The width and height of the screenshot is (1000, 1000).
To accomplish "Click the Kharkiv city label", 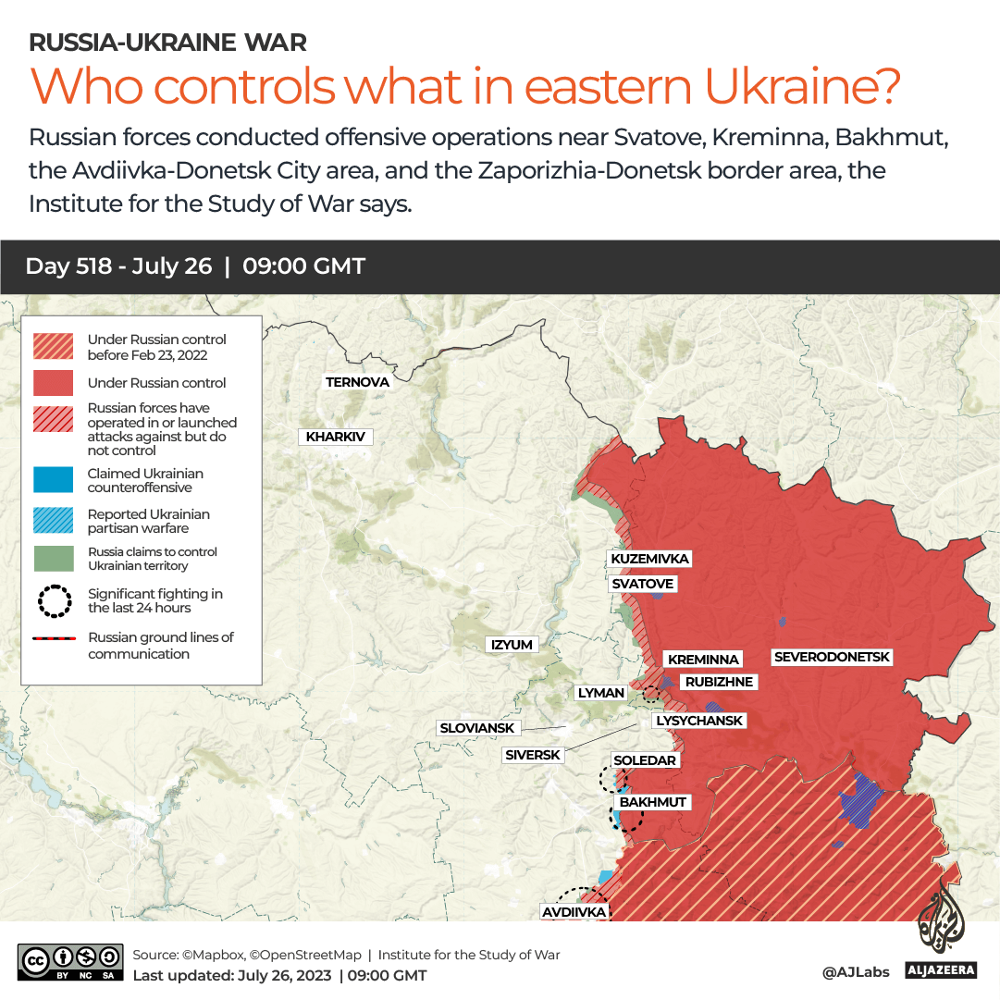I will pyautogui.click(x=335, y=437).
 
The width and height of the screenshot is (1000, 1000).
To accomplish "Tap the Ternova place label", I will pyautogui.click(x=357, y=382).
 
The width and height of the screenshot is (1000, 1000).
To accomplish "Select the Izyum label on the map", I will pyautogui.click(x=512, y=645).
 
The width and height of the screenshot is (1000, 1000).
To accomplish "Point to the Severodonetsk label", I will pyautogui.click(x=832, y=657).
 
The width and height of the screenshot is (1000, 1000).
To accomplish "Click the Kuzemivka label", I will pyautogui.click(x=650, y=559).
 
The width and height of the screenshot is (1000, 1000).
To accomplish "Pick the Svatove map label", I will pyautogui.click(x=643, y=584).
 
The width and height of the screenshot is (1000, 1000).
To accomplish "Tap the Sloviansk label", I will pyautogui.click(x=477, y=728).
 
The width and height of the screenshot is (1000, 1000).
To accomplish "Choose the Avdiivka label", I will pyautogui.click(x=574, y=912).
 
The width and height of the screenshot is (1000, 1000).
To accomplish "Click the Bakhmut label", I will pyautogui.click(x=653, y=802).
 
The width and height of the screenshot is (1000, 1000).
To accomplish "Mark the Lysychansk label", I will pyautogui.click(x=698, y=721).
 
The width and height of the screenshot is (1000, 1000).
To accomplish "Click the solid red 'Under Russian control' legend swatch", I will pyautogui.click(x=53, y=383).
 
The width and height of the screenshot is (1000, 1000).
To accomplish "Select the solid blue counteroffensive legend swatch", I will pyautogui.click(x=53, y=480).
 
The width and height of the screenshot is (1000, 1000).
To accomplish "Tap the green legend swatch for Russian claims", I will pyautogui.click(x=53, y=559).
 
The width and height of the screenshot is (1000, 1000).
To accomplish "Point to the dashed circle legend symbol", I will pyautogui.click(x=54, y=601).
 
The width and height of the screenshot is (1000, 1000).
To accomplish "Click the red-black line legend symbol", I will pyautogui.click(x=54, y=638).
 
